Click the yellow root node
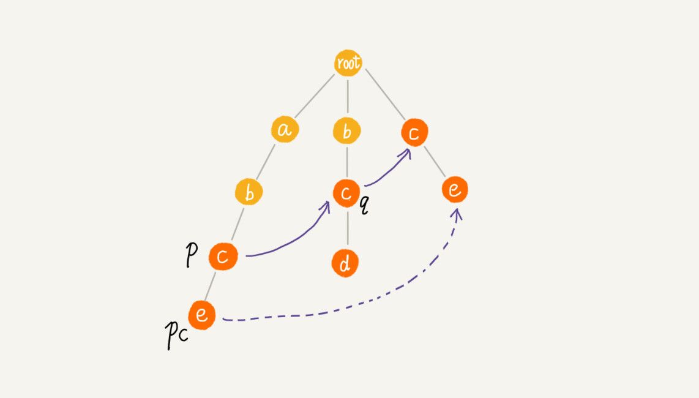(348, 63)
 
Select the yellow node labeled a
(285, 129)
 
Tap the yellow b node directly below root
(347, 131)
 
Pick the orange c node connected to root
(414, 132)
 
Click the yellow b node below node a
(249, 192)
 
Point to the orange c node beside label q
(346, 193)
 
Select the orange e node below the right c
(455, 189)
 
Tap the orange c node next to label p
(223, 257)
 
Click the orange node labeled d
(345, 263)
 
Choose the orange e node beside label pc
(202, 315)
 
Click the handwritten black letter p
(191, 255)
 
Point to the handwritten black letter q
(365, 205)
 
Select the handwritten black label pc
(176, 335)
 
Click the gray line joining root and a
(314, 96)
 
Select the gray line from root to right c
(385, 94)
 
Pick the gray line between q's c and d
(348, 228)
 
